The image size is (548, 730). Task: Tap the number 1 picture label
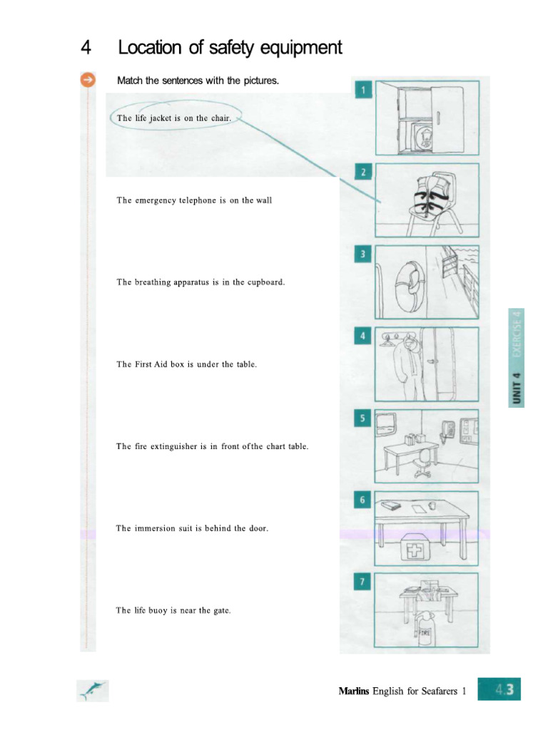point(363,90)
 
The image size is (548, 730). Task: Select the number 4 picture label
point(363,336)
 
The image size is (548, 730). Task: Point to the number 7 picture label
point(363,582)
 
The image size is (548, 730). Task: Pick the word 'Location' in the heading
point(148,48)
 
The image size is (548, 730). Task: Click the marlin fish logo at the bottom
point(93,690)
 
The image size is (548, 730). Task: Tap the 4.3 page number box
point(499,690)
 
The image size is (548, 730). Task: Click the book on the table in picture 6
point(391,505)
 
